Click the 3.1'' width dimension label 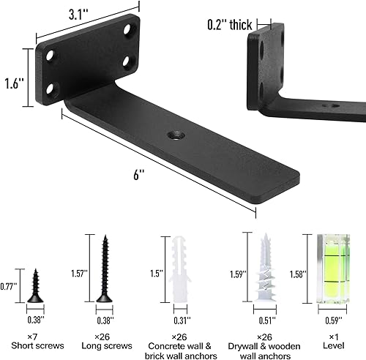79,15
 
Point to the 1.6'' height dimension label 13,72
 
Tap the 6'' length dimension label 139,175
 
